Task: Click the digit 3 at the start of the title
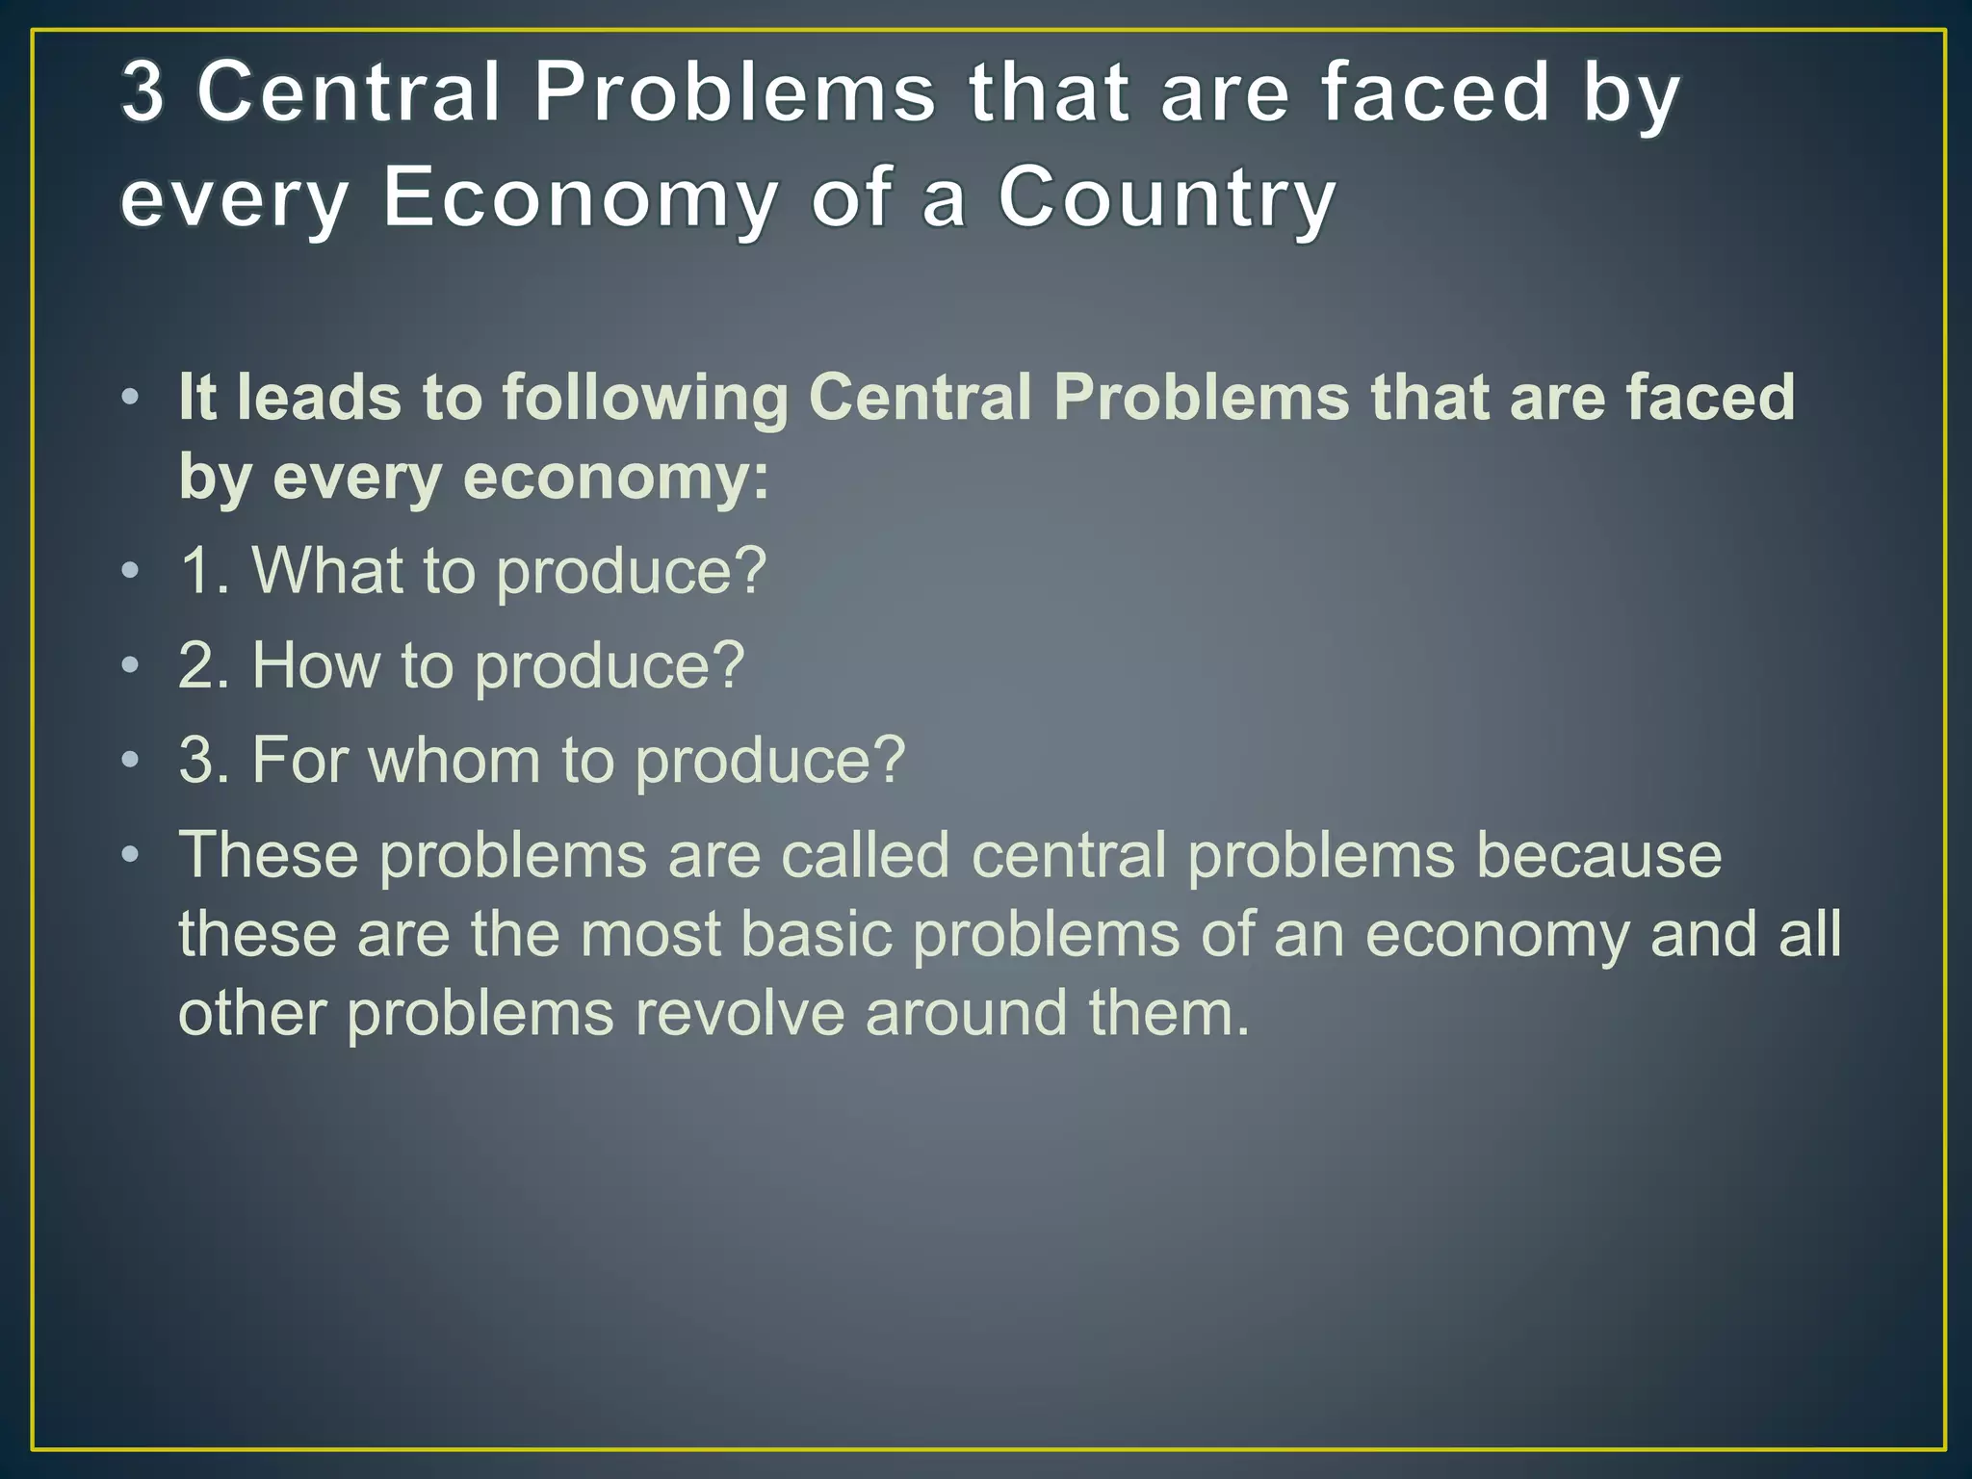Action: click(143, 92)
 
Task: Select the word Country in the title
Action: click(1167, 198)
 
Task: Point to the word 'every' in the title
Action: click(234, 200)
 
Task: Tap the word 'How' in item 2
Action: click(316, 665)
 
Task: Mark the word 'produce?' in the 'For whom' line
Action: click(770, 762)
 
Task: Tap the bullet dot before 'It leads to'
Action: click(131, 397)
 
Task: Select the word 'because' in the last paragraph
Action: click(1598, 855)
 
